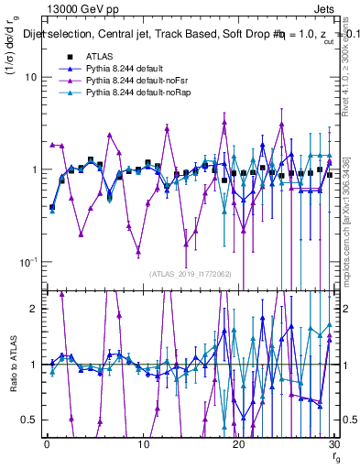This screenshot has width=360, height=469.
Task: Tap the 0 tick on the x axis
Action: point(46,444)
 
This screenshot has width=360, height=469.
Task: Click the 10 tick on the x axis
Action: point(143,444)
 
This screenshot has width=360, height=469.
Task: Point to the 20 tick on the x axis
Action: point(239,444)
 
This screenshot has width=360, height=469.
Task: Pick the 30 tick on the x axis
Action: point(335,444)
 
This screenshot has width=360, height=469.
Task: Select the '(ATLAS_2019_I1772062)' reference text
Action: point(190,272)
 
